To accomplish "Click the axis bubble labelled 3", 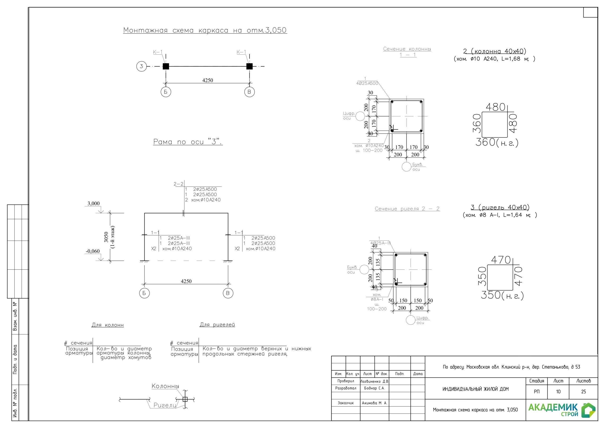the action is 141,66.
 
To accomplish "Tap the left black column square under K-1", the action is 166,66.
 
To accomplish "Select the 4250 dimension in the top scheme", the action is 208,80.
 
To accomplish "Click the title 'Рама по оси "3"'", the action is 188,142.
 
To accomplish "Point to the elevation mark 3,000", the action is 94,203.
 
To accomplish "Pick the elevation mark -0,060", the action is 93,251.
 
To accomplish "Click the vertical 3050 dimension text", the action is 106,237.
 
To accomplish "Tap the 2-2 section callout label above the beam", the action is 178,184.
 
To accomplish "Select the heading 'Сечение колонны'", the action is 407,49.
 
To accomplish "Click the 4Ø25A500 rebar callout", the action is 367,83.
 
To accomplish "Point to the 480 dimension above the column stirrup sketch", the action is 495,107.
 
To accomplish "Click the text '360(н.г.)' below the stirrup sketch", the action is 497,142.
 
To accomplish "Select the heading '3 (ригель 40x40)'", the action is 500,207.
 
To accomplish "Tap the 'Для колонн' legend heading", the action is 108,325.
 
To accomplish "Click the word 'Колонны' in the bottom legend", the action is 165,386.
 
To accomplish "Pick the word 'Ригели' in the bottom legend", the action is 165,405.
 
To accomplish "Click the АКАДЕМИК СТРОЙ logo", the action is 562,410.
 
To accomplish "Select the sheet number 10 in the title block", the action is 558,392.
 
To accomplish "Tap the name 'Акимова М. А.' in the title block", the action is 374,403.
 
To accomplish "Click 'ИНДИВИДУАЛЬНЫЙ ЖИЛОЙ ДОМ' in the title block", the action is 475,389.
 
